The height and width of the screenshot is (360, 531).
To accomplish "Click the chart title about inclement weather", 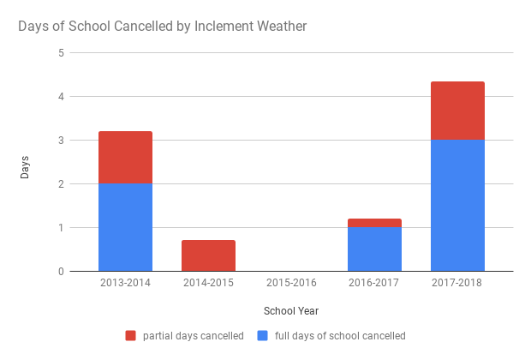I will [x=163, y=27].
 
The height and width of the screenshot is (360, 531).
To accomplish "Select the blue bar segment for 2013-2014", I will [x=125, y=227].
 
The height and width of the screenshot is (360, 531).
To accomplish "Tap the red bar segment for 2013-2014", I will [x=125, y=157].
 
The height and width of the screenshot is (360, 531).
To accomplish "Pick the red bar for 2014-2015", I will [x=208, y=255].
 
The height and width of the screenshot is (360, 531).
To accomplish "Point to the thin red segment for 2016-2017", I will [x=374, y=223].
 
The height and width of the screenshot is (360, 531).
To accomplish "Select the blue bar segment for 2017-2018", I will [x=457, y=206].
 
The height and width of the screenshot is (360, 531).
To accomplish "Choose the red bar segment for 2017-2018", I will [x=457, y=111].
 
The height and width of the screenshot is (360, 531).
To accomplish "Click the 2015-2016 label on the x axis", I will [x=291, y=283].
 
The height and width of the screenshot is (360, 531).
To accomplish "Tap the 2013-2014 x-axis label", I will [x=125, y=283].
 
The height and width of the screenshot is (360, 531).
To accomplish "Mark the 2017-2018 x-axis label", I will [x=457, y=283].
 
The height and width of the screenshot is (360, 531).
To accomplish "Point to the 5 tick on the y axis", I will [x=61, y=53].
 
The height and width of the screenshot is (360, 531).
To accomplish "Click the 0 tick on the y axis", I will [x=61, y=272].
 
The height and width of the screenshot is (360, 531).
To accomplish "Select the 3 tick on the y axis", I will [x=61, y=141].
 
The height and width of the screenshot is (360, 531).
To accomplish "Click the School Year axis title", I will [x=291, y=310].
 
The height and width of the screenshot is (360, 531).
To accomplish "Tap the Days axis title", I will [x=26, y=166].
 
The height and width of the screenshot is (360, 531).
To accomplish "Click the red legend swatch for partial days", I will [x=130, y=336].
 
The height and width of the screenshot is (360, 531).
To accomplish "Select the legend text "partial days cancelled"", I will [x=193, y=336].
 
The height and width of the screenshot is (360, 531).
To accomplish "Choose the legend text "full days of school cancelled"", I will [x=340, y=336].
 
